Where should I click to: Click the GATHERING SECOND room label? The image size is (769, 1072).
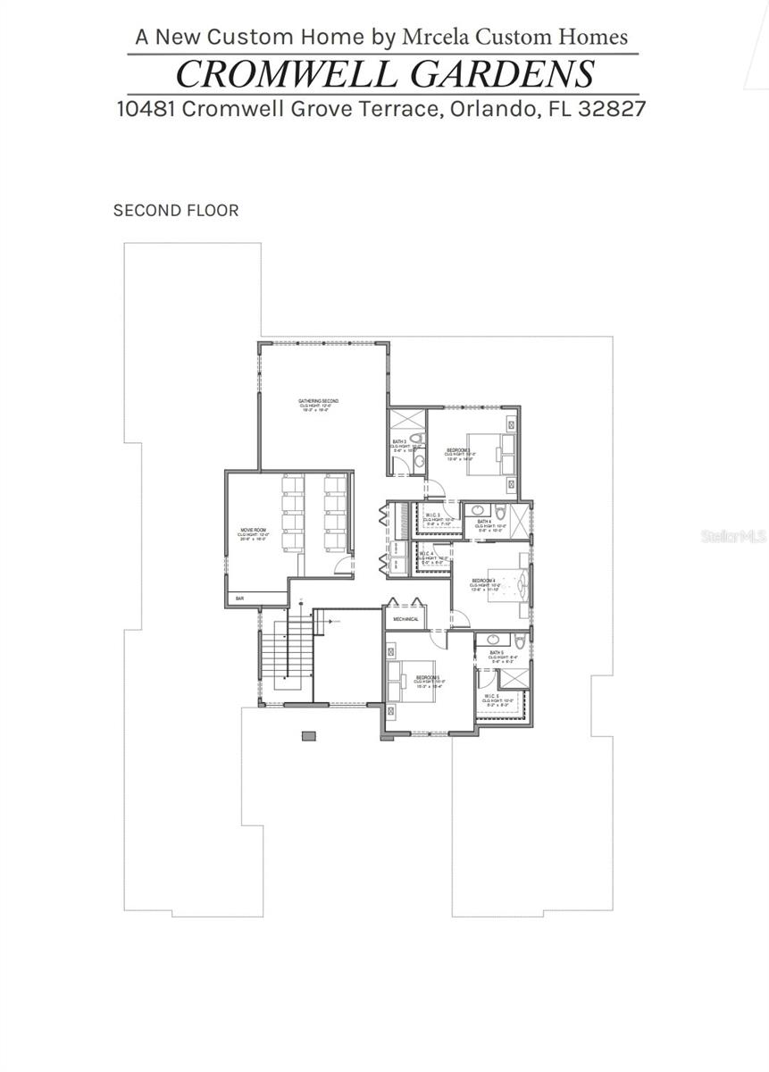pos(318,401)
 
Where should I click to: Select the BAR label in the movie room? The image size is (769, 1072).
pos(239,598)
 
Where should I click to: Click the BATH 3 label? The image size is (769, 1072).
pos(400,441)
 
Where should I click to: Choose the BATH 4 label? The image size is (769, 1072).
pos(483,522)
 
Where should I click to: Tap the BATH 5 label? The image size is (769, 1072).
pos(497,653)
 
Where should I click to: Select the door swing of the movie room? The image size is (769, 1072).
pos(341,562)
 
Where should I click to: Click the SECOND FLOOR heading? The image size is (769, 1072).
pos(176,211)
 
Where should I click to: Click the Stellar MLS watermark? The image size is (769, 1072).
pos(733,536)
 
